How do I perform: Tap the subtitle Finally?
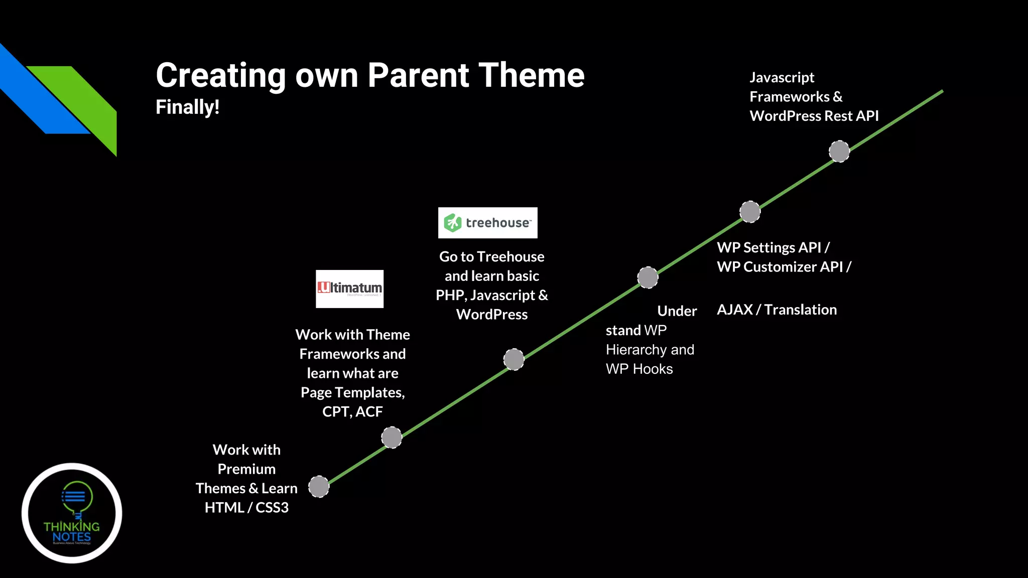(x=187, y=107)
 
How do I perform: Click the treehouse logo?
(x=487, y=222)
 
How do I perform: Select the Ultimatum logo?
(x=349, y=288)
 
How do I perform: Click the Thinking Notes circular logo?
(x=72, y=513)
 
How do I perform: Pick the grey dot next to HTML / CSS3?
(x=319, y=486)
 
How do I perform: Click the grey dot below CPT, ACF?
(x=392, y=437)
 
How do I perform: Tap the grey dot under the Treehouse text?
(x=513, y=359)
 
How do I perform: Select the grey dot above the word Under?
(x=648, y=277)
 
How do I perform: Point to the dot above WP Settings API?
(x=750, y=211)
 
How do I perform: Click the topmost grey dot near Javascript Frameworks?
(x=839, y=151)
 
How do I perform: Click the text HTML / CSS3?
(x=246, y=507)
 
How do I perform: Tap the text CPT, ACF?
(x=352, y=411)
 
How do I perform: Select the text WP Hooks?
(x=639, y=369)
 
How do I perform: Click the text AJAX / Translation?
(x=777, y=310)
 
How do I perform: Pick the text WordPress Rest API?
(x=814, y=116)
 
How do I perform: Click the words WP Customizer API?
(x=780, y=266)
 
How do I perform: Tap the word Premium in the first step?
(x=246, y=469)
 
